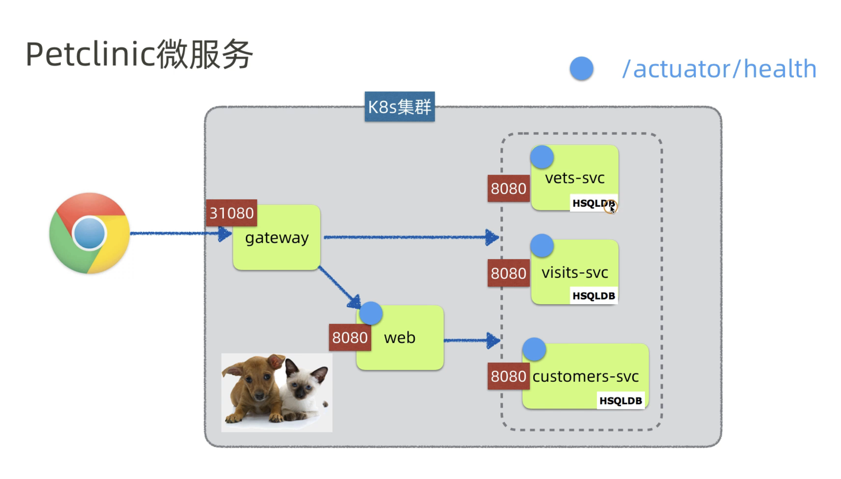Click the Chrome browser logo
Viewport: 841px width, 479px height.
(89, 233)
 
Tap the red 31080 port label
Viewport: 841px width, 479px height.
(232, 213)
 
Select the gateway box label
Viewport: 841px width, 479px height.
(277, 238)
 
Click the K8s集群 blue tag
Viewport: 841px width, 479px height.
(400, 107)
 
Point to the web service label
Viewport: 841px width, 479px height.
(400, 338)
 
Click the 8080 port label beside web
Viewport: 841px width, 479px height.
(350, 338)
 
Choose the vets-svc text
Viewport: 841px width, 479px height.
(575, 178)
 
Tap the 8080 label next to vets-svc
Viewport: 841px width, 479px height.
(508, 189)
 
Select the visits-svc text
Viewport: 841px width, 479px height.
(575, 273)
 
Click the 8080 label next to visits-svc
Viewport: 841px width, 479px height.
(508, 273)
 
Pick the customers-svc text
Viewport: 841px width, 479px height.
(585, 376)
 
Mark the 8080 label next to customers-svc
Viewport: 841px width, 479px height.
(508, 376)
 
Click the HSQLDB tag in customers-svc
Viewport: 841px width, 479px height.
(621, 401)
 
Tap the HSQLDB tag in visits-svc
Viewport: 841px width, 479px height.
(593, 296)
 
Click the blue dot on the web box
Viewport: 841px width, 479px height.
(371, 314)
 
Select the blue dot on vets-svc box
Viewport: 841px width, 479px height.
(542, 157)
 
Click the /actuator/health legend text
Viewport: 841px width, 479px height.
(719, 68)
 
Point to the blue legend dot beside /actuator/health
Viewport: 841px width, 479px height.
(582, 68)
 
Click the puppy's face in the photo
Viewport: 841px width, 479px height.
(256, 381)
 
